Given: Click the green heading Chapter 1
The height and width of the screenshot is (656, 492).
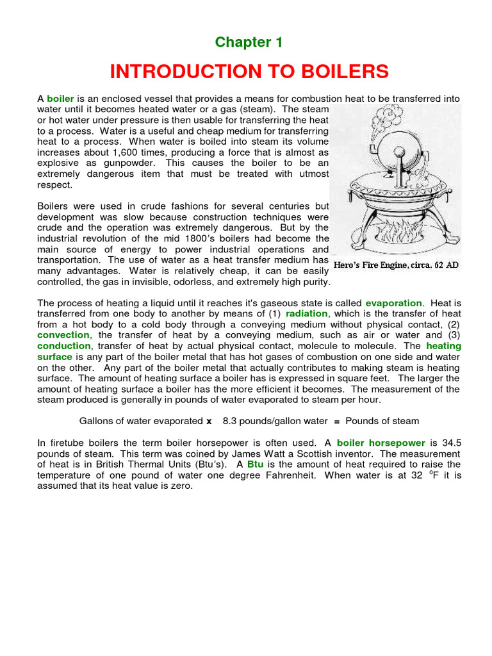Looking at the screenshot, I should [x=249, y=42].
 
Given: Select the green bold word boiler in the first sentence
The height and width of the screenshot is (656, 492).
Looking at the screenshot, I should [x=61, y=99].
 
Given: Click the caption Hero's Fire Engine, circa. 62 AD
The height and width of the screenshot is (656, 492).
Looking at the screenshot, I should [x=397, y=265].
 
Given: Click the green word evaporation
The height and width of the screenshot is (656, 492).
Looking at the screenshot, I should [x=393, y=303].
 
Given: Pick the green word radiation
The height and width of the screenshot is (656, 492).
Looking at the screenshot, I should [x=306, y=314].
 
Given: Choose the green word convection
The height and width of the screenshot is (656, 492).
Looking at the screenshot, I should [x=63, y=335].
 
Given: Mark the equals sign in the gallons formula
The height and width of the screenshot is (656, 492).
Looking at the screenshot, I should [x=336, y=421].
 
